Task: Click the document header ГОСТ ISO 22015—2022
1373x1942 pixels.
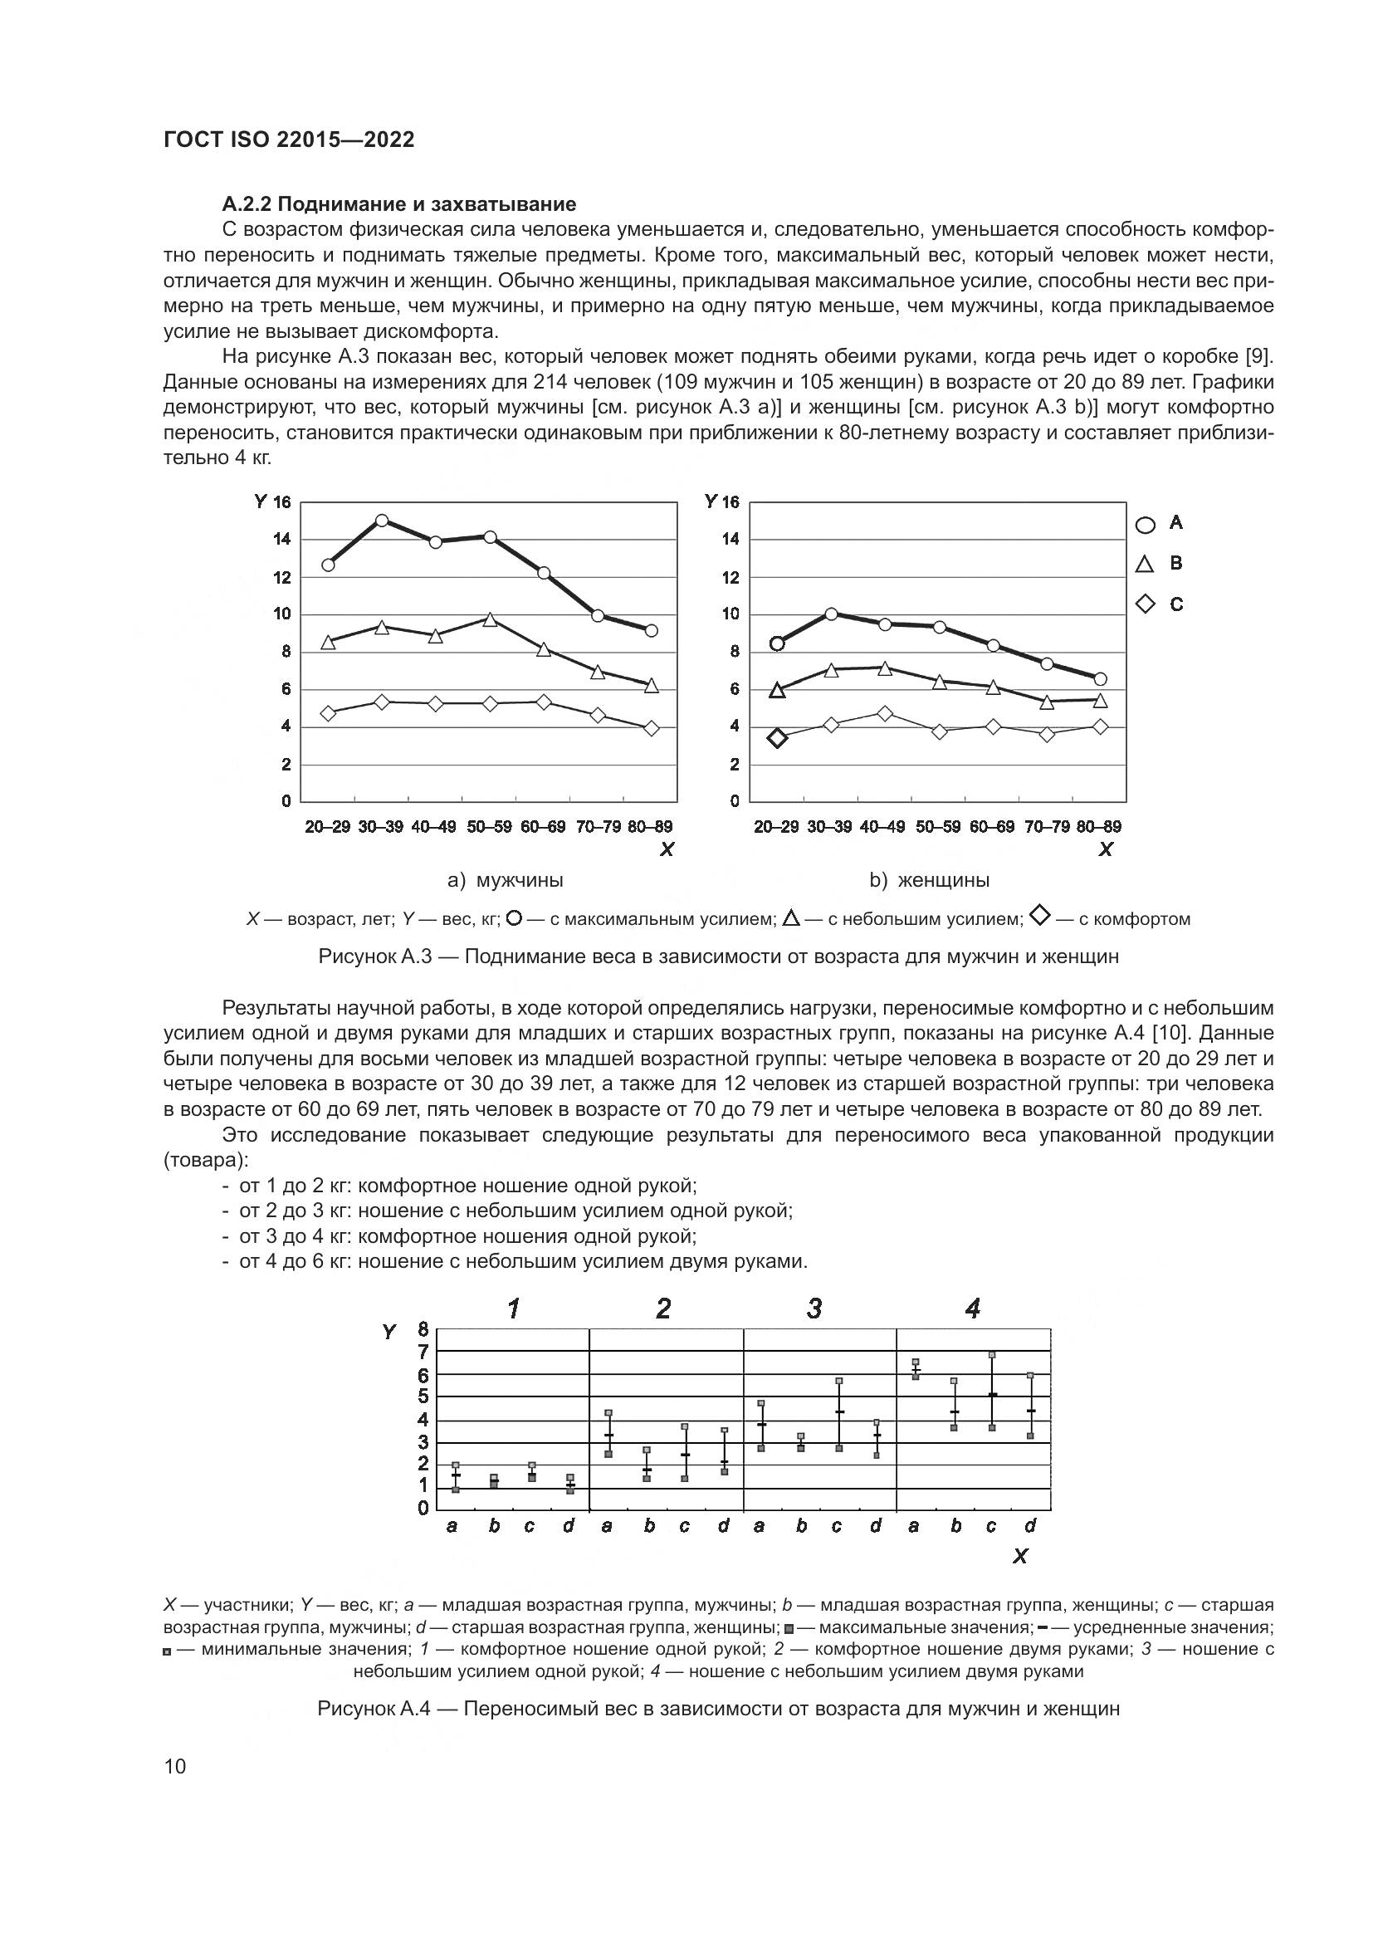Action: (x=288, y=140)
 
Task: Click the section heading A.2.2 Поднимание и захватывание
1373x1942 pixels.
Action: (x=399, y=204)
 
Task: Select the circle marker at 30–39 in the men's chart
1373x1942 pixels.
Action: (x=381, y=521)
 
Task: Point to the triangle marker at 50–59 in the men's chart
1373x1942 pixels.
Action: (x=490, y=620)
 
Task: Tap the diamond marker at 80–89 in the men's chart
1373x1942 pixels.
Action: (x=651, y=728)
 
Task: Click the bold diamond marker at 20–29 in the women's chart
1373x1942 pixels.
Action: (x=778, y=737)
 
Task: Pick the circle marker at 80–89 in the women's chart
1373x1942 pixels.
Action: (x=1100, y=679)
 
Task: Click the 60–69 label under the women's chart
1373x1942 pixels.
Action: (x=992, y=826)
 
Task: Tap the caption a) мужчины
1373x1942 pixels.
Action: (x=505, y=879)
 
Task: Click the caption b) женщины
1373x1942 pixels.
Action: (x=929, y=879)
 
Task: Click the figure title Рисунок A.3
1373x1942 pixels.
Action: (x=718, y=956)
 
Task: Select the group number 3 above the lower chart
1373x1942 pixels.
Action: (x=814, y=1309)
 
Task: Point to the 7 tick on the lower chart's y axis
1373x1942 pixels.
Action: (x=423, y=1353)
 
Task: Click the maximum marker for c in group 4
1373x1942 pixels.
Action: (x=992, y=1355)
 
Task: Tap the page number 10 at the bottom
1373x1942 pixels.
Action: (x=175, y=1766)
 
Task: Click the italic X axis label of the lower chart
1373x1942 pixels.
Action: (x=1020, y=1556)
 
